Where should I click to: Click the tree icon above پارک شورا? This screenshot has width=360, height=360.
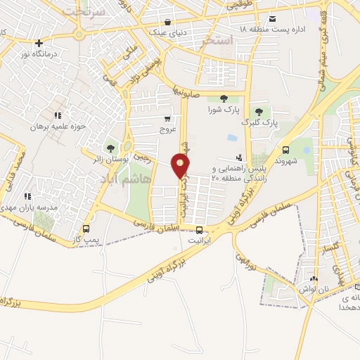[224, 99]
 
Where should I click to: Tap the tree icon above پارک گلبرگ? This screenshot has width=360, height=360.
[259, 112]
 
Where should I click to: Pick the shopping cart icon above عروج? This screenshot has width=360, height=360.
[167, 119]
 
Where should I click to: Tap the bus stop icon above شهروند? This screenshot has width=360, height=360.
[285, 149]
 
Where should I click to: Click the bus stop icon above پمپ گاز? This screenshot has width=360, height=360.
[86, 229]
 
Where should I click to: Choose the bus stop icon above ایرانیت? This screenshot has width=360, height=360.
[200, 230]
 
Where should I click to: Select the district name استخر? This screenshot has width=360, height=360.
[216, 41]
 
